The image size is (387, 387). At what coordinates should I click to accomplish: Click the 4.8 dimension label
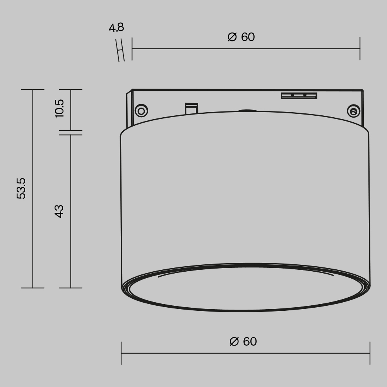coord(116,28)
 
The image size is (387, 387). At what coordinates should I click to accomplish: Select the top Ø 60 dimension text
coord(241,37)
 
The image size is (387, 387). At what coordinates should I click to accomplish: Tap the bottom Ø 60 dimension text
coord(243,342)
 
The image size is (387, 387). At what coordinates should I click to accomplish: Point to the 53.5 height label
coord(21,188)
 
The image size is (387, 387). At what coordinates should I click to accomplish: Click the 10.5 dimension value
coord(59,108)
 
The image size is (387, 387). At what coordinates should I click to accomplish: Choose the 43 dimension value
coord(59,211)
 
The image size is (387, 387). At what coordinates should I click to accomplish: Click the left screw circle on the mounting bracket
coord(141,111)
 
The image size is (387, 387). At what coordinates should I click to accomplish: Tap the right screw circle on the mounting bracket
coord(353,111)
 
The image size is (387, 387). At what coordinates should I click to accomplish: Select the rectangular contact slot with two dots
coord(299,96)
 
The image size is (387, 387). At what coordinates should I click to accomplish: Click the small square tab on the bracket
coord(192,108)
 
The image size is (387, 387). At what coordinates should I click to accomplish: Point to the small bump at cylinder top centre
coord(248,111)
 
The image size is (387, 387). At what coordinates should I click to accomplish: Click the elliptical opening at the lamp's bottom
coord(247,288)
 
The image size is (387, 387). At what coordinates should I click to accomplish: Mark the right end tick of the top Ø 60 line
coord(360,49)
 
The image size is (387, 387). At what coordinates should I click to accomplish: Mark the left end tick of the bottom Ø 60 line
coord(121,353)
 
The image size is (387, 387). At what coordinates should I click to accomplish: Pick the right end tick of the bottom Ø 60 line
coord(370,353)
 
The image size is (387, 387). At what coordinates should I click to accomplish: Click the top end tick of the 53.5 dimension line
coord(33,89)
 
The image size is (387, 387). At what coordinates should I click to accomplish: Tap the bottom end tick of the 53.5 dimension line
coord(33,288)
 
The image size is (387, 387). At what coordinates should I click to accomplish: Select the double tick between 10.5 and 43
coord(71,133)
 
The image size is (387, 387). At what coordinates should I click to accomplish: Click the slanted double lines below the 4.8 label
coord(120,50)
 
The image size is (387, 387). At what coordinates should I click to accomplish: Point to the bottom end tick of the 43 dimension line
coord(71,288)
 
